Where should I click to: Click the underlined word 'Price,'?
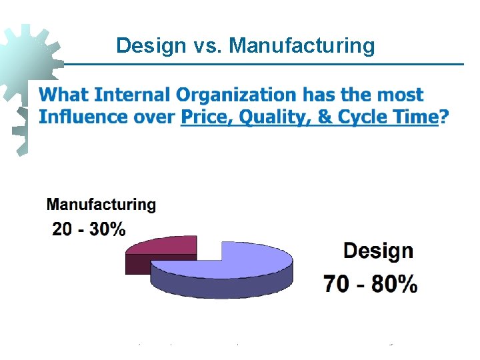206,117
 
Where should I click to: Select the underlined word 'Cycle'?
364,118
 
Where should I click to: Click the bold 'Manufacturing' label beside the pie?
101,205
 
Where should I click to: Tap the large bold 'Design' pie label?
378,251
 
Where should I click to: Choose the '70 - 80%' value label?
371,285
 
